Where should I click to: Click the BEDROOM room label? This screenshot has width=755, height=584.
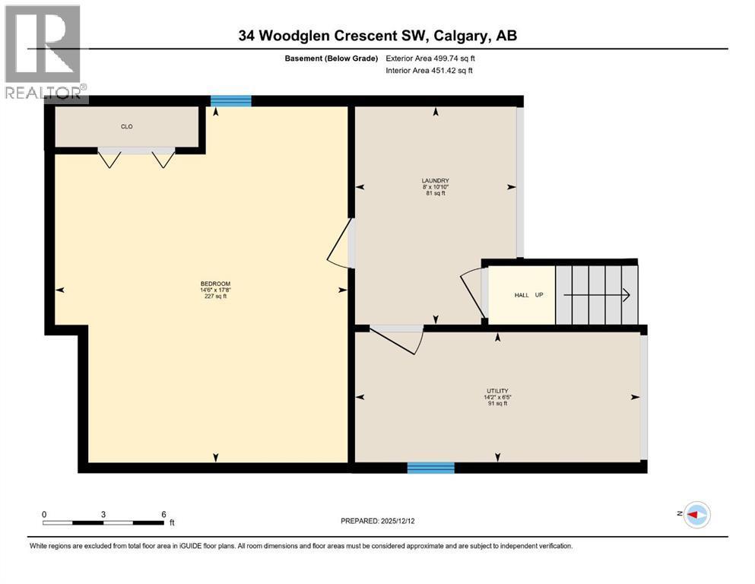click(214, 284)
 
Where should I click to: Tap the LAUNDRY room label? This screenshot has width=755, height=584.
click(436, 181)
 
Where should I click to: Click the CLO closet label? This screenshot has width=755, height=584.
click(127, 126)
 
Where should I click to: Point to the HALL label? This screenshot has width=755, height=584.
click(522, 295)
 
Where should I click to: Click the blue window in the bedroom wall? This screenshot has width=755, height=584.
click(230, 100)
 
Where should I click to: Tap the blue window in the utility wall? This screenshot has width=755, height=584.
click(430, 468)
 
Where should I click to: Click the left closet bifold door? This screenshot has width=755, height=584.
click(110, 158)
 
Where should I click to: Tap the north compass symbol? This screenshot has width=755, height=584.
click(696, 515)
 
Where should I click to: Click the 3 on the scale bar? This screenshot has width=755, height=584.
click(103, 514)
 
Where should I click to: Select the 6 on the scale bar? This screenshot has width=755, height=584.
click(163, 514)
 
